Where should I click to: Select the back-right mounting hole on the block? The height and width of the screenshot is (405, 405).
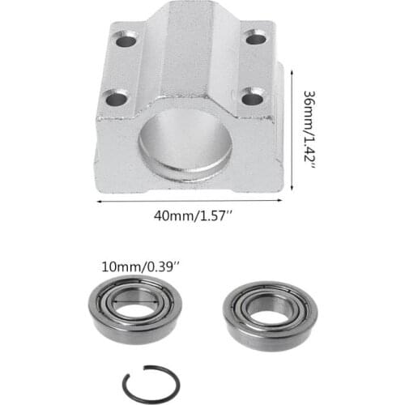(x=257, y=37)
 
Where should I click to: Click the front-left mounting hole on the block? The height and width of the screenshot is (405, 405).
(x=117, y=100)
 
